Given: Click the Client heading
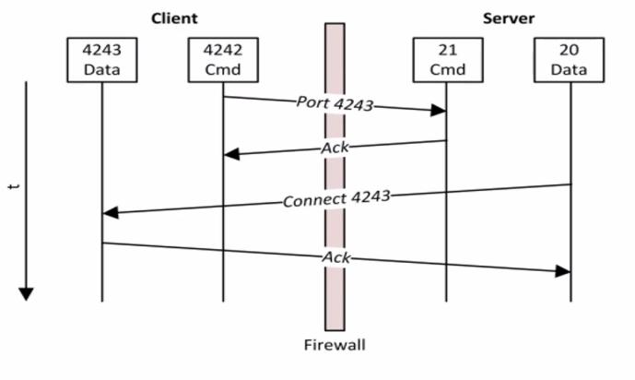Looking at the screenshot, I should [174, 18].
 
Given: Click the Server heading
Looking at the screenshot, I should [509, 18].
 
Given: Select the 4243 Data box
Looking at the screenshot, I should [101, 59].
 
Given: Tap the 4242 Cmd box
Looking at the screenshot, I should [222, 59].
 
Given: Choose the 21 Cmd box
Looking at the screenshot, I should [446, 59].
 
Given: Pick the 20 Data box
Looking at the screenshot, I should [570, 59].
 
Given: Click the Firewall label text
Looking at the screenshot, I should [335, 345].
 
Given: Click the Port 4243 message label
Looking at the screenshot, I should [335, 103].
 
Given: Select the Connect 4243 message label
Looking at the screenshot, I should [336, 198].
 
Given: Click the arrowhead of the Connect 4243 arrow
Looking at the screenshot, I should [110, 213].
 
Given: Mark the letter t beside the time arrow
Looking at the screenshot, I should [11, 187].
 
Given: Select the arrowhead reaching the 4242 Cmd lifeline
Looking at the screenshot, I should [230, 154].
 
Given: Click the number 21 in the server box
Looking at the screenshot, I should [446, 50].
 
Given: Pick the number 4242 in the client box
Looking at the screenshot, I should [222, 50].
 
